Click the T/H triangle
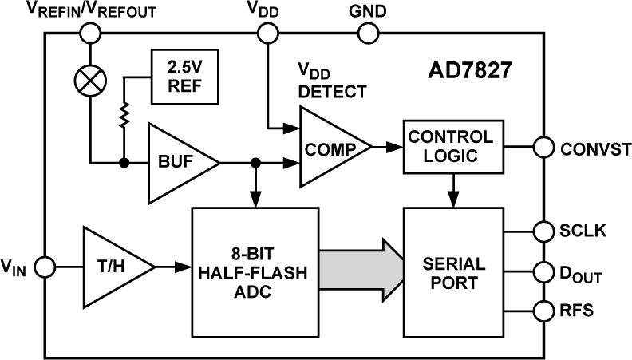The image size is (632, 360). (x=116, y=266)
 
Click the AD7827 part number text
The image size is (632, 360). (x=468, y=77)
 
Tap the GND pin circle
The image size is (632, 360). (x=369, y=34)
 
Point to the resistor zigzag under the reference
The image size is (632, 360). (x=124, y=118)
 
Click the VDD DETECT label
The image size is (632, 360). (x=332, y=83)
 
